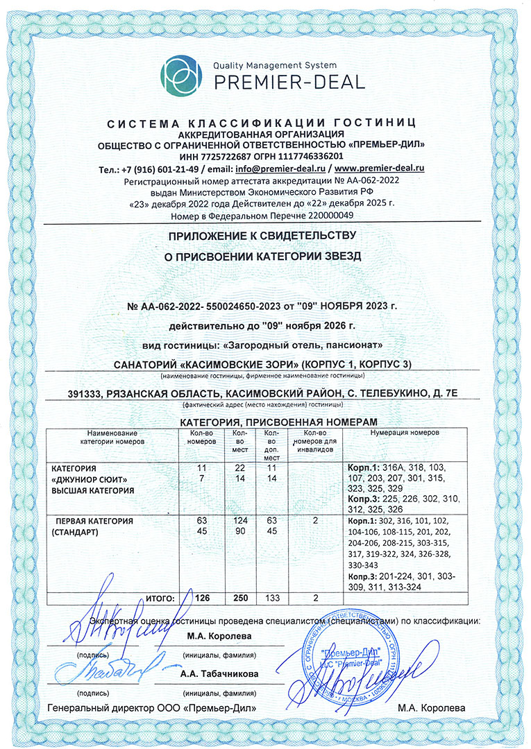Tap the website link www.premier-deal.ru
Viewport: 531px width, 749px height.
point(380,169)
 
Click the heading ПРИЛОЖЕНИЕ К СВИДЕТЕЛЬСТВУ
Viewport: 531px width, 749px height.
point(266,238)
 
